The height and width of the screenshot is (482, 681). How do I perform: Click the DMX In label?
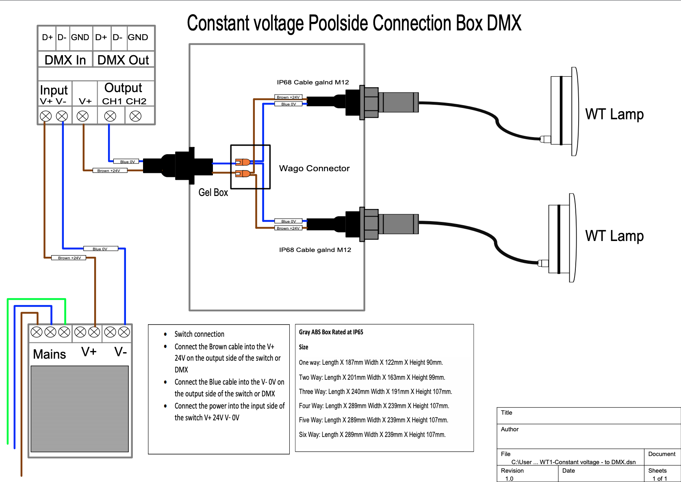coord(65,60)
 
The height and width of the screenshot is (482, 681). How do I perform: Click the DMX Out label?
coord(123,60)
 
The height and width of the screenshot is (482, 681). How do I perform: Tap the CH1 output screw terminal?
coord(110,116)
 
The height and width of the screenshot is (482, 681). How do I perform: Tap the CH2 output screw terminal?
coord(135,116)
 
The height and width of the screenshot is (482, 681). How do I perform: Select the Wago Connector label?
coord(314,168)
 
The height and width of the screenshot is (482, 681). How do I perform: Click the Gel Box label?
coord(213,193)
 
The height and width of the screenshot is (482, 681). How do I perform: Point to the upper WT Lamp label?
coord(614,114)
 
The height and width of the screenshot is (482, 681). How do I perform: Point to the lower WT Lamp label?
coord(614,236)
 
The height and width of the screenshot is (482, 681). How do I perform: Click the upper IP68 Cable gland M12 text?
coord(313,82)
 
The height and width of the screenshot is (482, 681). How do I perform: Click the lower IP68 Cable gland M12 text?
coord(315,250)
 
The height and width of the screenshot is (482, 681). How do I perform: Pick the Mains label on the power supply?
coord(49,354)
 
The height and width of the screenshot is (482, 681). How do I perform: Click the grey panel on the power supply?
coord(80,409)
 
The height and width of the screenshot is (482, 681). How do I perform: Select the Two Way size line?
coord(372,377)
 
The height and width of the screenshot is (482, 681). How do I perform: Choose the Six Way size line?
coord(372,435)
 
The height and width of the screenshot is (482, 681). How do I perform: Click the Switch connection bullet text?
coord(199,334)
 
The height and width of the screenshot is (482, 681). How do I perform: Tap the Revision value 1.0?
coord(509,479)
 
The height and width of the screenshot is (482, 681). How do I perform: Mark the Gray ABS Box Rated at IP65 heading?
coord(331,332)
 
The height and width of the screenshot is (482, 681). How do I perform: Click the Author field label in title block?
coord(510,429)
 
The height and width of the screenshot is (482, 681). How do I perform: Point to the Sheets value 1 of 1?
coord(659,479)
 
